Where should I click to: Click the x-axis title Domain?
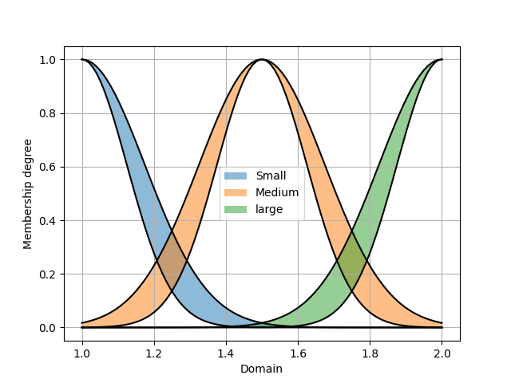tap(261, 369)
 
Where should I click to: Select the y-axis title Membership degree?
tap(28, 194)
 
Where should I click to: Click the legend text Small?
tap(271, 176)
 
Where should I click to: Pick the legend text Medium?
tap(277, 192)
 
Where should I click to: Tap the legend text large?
tap(269, 209)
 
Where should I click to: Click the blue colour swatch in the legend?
tap(236, 176)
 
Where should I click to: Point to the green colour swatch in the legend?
tap(236, 209)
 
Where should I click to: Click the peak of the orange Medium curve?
tap(261, 60)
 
